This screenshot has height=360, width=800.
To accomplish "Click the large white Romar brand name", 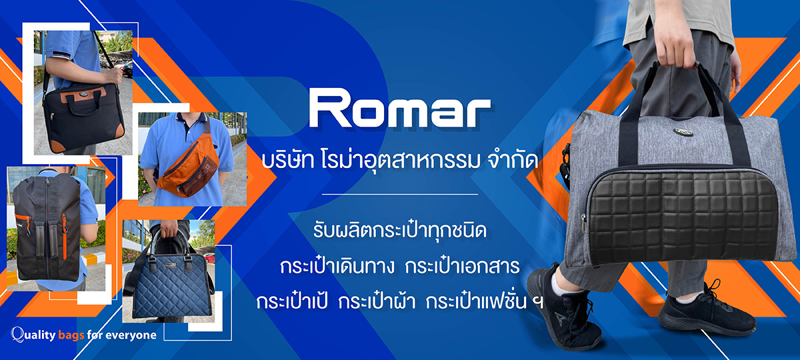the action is pyautogui.click(x=400, y=108).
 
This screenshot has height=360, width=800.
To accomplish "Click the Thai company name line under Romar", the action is pyautogui.click(x=399, y=161).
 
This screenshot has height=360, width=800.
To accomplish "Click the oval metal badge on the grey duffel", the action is pyautogui.click(x=683, y=132).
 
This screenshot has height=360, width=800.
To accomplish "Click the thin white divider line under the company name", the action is pyautogui.click(x=400, y=195).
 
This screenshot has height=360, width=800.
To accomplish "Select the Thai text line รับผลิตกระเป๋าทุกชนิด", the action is pyautogui.click(x=400, y=231).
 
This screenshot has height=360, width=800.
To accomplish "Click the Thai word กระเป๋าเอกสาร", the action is pyautogui.click(x=463, y=267).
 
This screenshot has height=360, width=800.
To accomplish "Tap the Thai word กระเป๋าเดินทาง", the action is pyautogui.click(x=337, y=267).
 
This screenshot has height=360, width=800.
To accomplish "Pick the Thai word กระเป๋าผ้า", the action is pyautogui.click(x=377, y=302).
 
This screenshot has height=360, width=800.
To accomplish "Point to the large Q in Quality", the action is pyautogui.click(x=17, y=335).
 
